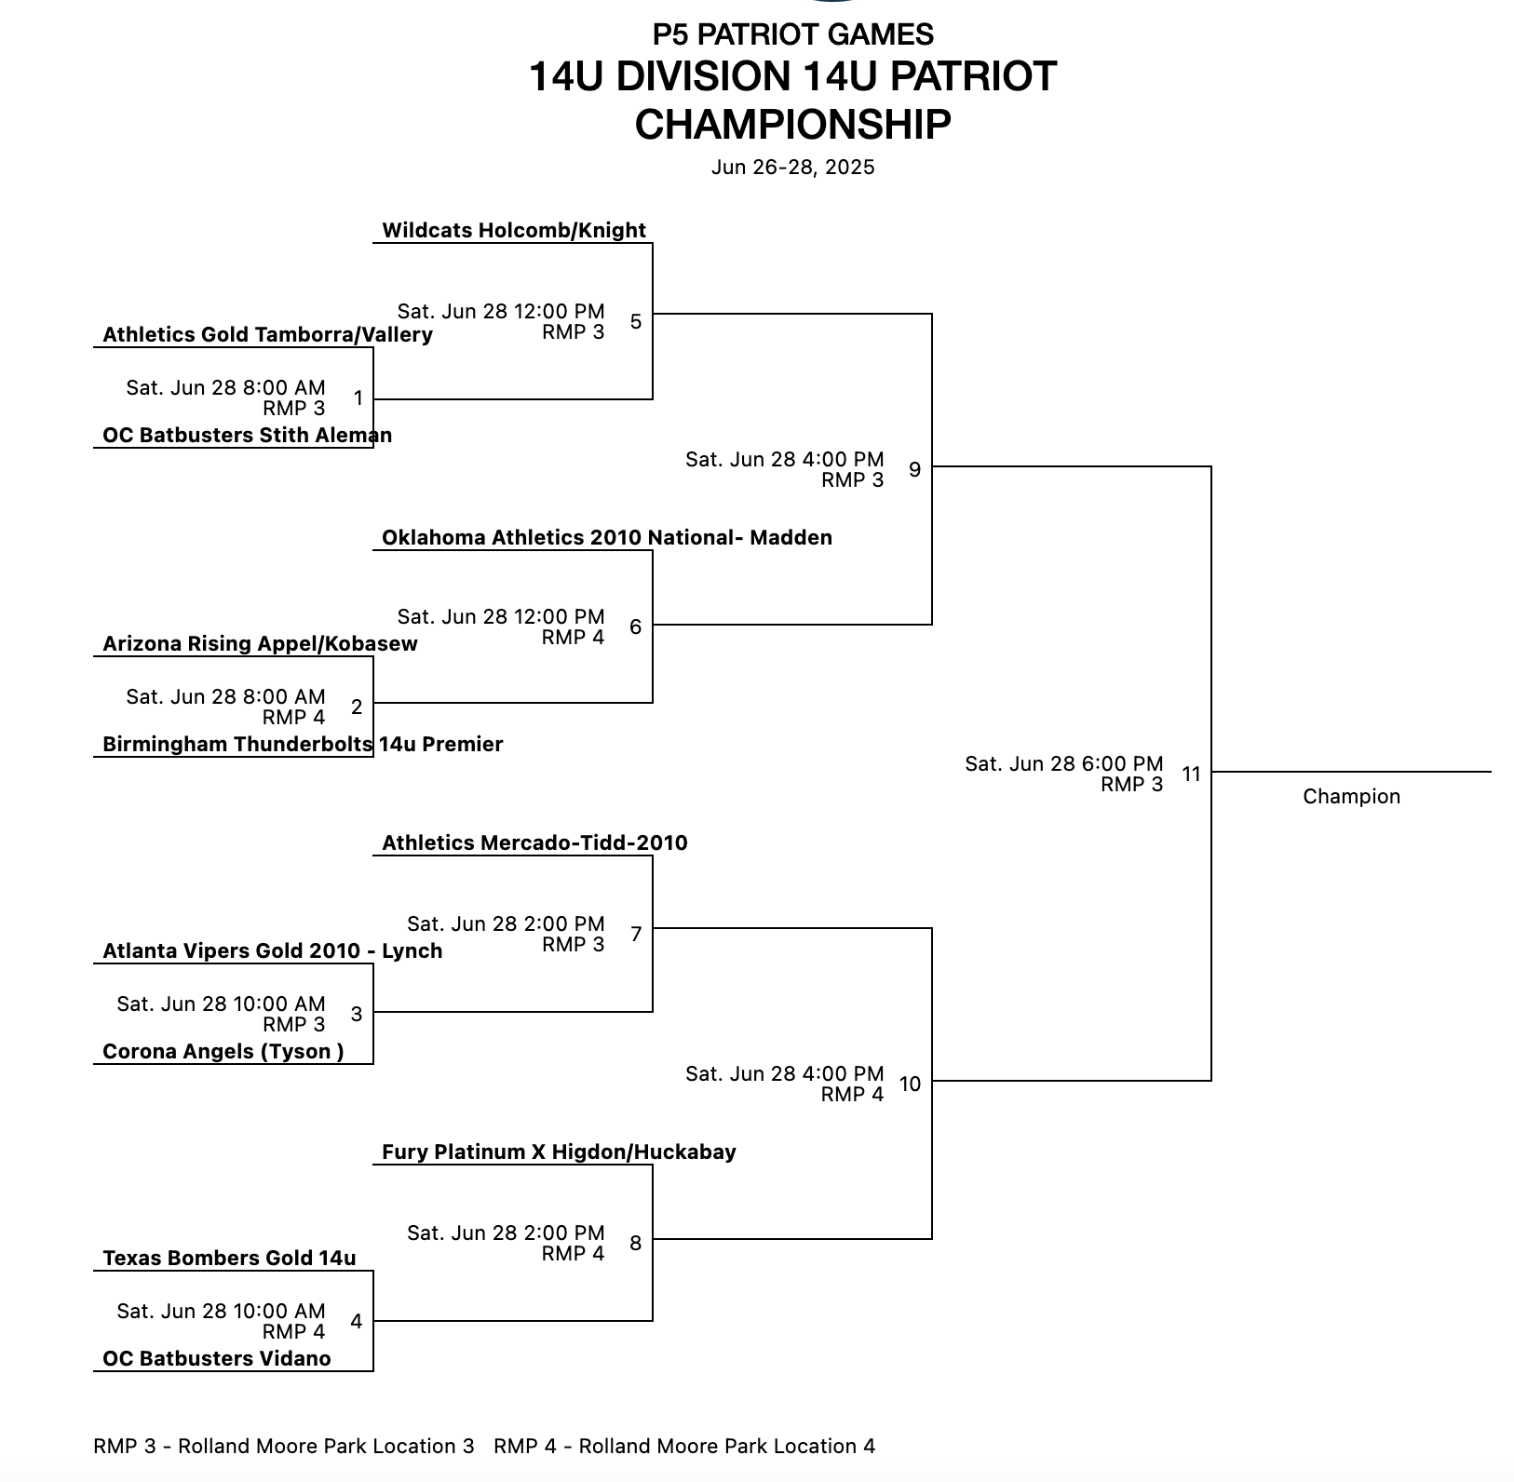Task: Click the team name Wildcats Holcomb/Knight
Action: [x=513, y=231]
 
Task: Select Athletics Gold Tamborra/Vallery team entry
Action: [x=267, y=335]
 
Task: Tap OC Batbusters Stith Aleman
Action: [x=247, y=436]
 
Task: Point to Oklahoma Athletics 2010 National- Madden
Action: [x=606, y=538]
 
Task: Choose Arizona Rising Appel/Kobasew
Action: [x=260, y=644]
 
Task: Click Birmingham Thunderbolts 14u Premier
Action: [x=303, y=745]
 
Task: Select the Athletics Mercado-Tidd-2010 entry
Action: [x=534, y=843]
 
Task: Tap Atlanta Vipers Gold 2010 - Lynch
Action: [x=272, y=951]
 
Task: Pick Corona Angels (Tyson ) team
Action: [x=223, y=1052]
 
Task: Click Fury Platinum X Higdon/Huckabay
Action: [x=559, y=1152]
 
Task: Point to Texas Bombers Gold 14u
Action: [x=229, y=1259]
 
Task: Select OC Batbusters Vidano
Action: [x=216, y=1359]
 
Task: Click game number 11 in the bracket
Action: [x=1191, y=775]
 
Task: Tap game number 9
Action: [x=914, y=470]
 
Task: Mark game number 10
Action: [x=910, y=1085]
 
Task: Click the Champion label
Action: [x=1351, y=797]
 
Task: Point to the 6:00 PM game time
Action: [x=1063, y=764]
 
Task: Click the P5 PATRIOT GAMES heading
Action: [x=792, y=34]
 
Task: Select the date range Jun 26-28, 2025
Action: [x=792, y=168]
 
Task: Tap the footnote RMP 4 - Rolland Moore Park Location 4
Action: [x=684, y=1447]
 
